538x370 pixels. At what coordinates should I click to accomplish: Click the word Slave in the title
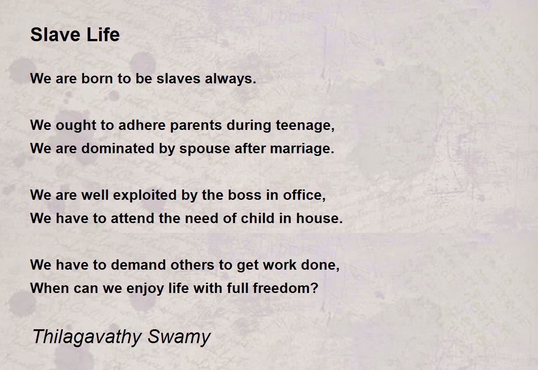[x=55, y=34]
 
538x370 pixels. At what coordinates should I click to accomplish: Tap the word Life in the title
[x=103, y=34]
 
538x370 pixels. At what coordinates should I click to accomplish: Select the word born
[x=97, y=78]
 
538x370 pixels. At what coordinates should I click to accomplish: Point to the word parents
[x=196, y=126]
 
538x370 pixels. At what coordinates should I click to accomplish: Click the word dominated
[x=117, y=148]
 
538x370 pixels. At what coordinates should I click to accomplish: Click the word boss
[x=244, y=195]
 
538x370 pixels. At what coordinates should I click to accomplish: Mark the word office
[x=304, y=195]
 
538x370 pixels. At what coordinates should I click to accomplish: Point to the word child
[x=257, y=218]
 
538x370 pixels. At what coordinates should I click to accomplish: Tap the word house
[x=319, y=218]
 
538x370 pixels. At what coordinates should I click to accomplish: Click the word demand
[x=139, y=265]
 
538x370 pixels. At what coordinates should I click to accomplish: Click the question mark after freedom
[x=314, y=288]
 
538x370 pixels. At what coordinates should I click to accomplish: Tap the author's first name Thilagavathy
[x=87, y=337]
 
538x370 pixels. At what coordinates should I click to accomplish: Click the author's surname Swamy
[x=179, y=337]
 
